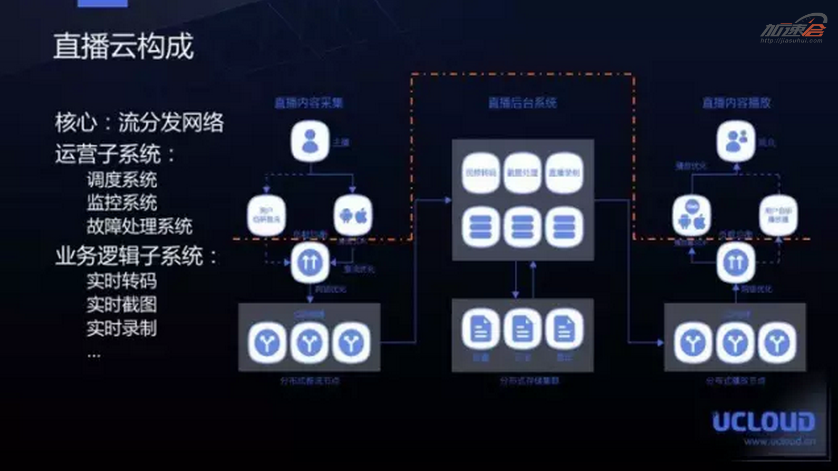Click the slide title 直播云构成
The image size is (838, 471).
click(x=123, y=46)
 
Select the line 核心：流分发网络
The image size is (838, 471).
click(x=139, y=123)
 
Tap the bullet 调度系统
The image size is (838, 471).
click(x=122, y=180)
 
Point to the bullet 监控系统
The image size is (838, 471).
click(x=122, y=203)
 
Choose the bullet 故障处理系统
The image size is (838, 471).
click(x=139, y=226)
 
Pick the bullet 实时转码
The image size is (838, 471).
click(x=122, y=281)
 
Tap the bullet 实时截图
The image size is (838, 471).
click(x=122, y=305)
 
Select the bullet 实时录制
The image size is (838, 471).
click(x=122, y=329)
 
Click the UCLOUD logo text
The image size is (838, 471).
click(x=763, y=422)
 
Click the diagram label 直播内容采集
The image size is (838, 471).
click(x=309, y=102)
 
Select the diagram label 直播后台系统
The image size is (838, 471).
click(x=522, y=102)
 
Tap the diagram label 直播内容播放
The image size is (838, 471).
click(x=736, y=102)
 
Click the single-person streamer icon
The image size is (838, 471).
click(x=310, y=141)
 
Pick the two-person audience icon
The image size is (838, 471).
click(x=736, y=141)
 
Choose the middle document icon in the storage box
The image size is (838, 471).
click(x=522, y=329)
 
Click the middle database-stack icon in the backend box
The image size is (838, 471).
click(x=522, y=227)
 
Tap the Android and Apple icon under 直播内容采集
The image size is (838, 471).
click(x=353, y=215)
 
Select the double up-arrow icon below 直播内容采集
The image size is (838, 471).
click(x=310, y=262)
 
